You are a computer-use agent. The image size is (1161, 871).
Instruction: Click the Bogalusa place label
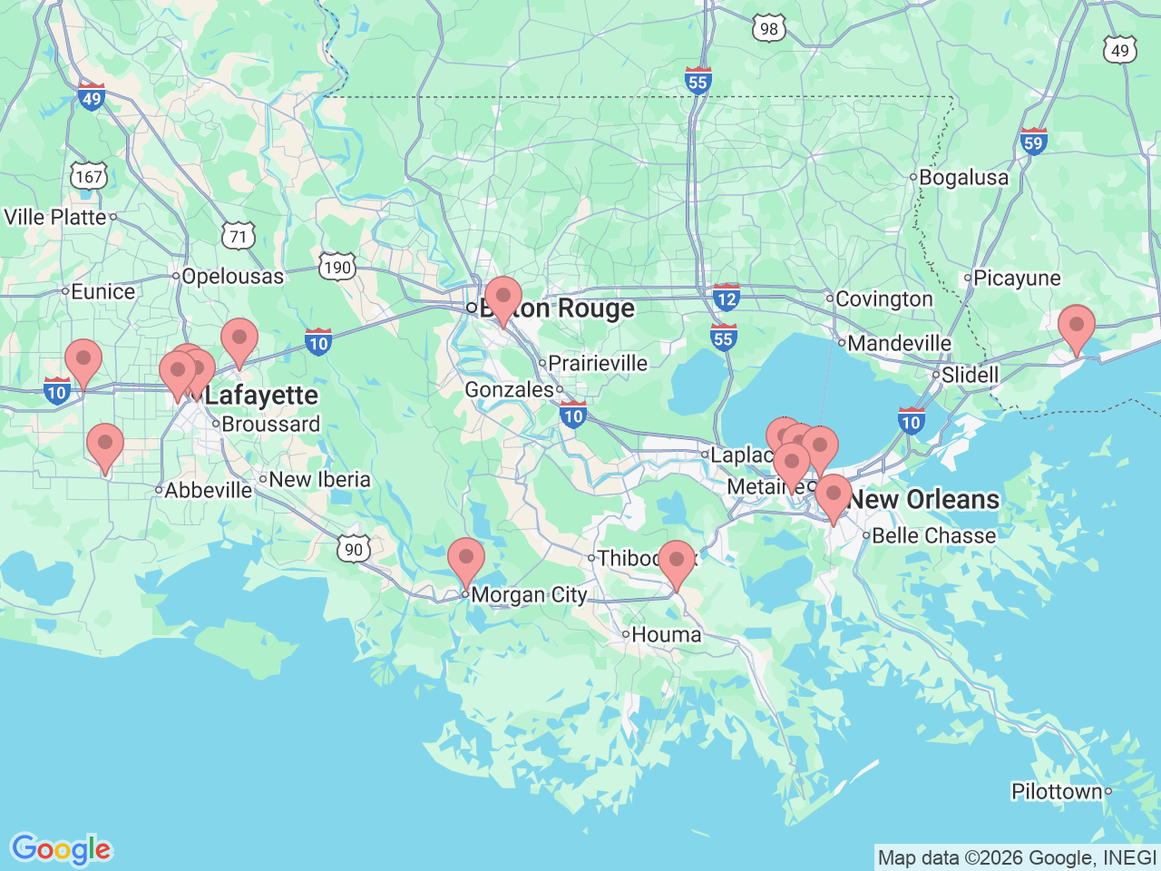(x=963, y=178)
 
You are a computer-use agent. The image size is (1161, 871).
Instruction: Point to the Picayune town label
(x=1016, y=279)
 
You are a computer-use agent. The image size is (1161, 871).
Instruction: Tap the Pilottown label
(x=1057, y=791)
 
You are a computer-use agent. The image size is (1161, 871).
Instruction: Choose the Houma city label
(x=666, y=635)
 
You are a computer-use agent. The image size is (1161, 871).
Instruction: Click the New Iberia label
(x=319, y=479)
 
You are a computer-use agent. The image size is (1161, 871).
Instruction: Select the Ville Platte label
(x=55, y=217)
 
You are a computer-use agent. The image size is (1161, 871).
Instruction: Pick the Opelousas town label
(x=232, y=277)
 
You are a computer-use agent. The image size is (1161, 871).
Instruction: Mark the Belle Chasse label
(x=933, y=535)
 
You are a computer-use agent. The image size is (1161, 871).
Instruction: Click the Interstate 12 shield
(x=726, y=297)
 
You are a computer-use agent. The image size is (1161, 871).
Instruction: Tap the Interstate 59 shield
(x=1033, y=142)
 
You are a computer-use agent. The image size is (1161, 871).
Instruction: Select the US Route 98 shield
(x=768, y=28)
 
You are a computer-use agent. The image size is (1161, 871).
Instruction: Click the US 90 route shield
(x=353, y=549)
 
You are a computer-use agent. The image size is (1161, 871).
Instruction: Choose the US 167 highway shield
(x=89, y=176)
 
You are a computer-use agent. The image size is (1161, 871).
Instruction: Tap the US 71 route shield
(x=238, y=237)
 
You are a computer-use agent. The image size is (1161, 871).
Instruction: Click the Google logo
(x=61, y=849)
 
